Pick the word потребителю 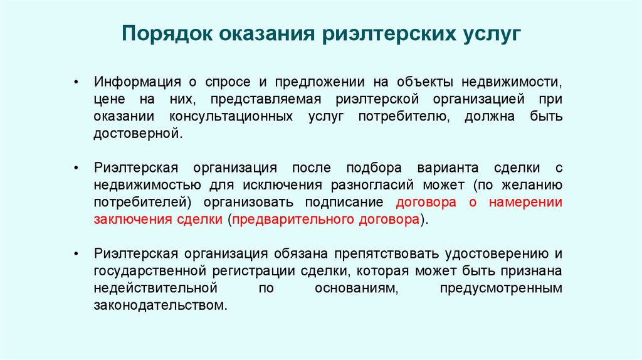click(403, 117)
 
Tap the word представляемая click(266, 100)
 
